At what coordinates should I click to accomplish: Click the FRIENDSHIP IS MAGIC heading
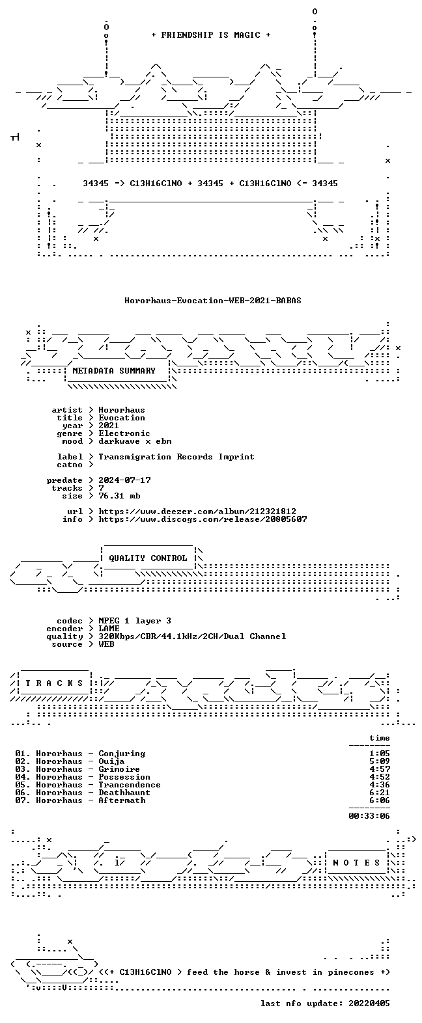pyautogui.click(x=211, y=35)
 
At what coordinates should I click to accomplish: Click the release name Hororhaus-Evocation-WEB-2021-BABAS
pyautogui.click(x=213, y=301)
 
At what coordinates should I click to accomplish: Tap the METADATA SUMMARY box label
pyautogui.click(x=114, y=371)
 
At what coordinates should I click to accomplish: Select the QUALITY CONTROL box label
pyautogui.click(x=148, y=558)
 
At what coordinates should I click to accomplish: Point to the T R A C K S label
pyautogui.click(x=55, y=683)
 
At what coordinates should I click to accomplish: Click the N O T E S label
pyautogui.click(x=357, y=863)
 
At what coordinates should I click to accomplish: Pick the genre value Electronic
pyautogui.click(x=124, y=433)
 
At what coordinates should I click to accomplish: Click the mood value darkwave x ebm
pyautogui.click(x=135, y=441)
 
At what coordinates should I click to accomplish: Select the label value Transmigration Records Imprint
pyautogui.click(x=176, y=457)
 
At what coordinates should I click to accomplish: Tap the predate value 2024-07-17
pyautogui.click(x=125, y=480)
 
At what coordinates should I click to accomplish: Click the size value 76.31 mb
pyautogui.click(x=119, y=496)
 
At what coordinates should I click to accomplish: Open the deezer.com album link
pyautogui.click(x=197, y=511)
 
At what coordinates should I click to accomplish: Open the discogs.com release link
pyautogui.click(x=203, y=519)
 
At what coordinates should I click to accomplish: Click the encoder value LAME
pyautogui.click(x=109, y=629)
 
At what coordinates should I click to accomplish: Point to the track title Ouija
pyautogui.click(x=111, y=761)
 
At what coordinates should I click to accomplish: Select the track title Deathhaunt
pyautogui.click(x=124, y=793)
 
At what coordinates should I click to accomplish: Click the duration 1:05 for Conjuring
pyautogui.click(x=380, y=754)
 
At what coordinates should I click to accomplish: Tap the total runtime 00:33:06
pyautogui.click(x=369, y=815)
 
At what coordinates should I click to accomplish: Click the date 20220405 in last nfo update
pyautogui.click(x=369, y=1003)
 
